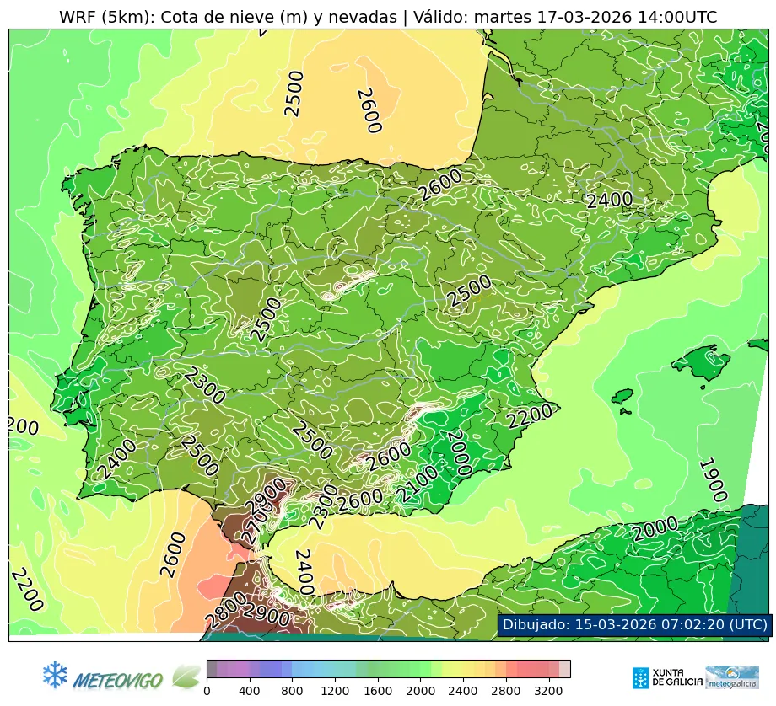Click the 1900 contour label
713,480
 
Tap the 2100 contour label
419,484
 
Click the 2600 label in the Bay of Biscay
369,110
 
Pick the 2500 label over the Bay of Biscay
293,94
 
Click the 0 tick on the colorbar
207,692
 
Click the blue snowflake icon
55,673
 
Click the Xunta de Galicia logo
666,677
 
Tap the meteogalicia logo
731,677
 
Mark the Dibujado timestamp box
634,624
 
